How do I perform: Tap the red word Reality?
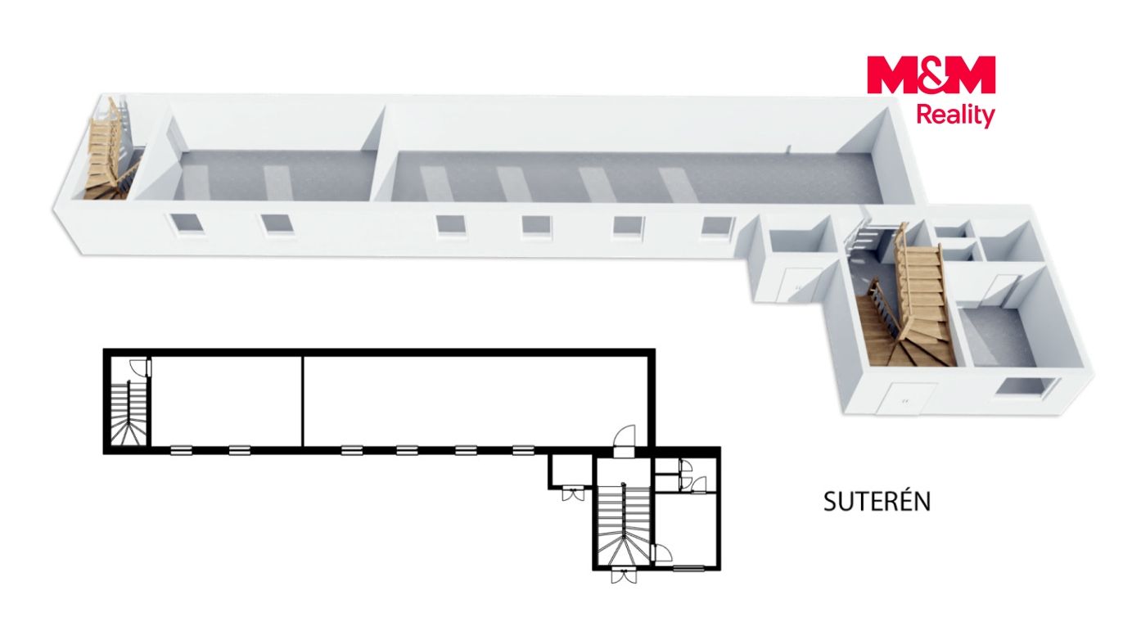pos(955,116)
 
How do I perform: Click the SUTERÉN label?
pos(877,501)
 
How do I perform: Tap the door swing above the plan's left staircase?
pos(139,367)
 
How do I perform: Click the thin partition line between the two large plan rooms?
pos(303,401)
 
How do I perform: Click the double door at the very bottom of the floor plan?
pos(624,575)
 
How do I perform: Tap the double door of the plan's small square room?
pos(573,492)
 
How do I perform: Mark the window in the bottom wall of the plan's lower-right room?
pos(688,567)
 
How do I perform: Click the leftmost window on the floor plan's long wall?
pos(181,451)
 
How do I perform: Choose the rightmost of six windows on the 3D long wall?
pos(718,226)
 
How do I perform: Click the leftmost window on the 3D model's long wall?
pos(187,223)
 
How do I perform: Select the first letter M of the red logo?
pos(891,74)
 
